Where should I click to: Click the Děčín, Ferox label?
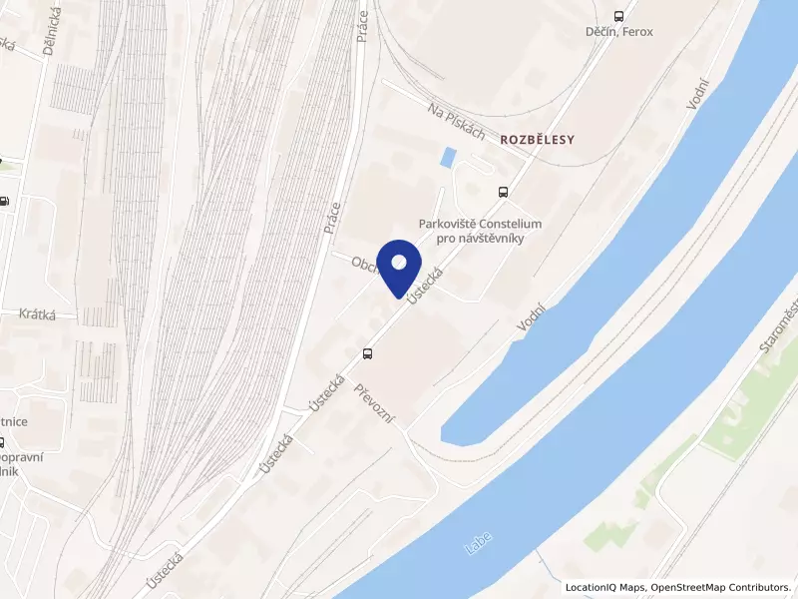(618, 32)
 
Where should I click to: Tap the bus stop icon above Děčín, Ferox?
(618, 16)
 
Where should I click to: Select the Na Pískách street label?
(456, 120)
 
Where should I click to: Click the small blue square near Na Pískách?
(449, 157)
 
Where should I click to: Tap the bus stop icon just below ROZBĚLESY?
(503, 192)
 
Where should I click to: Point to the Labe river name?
(480, 544)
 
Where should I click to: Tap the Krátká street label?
(37, 314)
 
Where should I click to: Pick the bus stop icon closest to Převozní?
(368, 352)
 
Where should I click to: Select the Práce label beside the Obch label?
(333, 218)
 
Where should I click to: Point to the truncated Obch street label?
(362, 263)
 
